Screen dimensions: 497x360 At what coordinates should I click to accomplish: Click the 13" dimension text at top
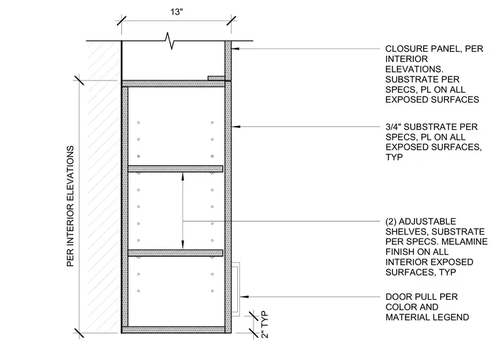tap(177, 12)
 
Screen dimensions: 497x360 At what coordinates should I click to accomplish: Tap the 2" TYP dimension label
tap(265, 325)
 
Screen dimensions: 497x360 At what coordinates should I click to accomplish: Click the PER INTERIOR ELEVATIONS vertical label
tap(70, 206)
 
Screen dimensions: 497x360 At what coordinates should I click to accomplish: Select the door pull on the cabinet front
tap(235, 289)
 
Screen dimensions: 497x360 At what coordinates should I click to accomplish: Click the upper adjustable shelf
tap(175, 169)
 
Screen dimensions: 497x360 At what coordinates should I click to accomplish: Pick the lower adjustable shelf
tap(175, 253)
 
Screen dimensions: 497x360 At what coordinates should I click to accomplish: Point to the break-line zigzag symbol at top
tap(170, 41)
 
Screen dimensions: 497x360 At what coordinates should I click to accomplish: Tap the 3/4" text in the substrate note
tap(393, 127)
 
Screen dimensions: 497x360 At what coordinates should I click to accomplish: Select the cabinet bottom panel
tap(176, 330)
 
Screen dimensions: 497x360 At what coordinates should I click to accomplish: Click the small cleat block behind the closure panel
tap(216, 78)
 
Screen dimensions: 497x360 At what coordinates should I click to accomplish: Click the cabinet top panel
tap(176, 84)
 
